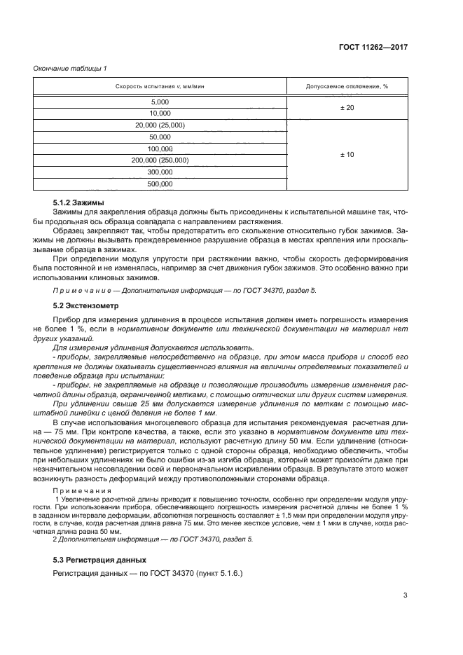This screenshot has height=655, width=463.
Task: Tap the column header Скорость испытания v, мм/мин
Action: [x=160, y=86]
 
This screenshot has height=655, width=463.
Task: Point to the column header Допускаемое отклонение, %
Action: [x=347, y=86]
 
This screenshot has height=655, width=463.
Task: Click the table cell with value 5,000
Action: [x=160, y=102]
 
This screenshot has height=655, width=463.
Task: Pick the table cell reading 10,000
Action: [x=160, y=113]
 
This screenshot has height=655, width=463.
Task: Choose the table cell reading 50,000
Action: [x=160, y=137]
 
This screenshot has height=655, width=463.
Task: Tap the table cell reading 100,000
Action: [x=160, y=149]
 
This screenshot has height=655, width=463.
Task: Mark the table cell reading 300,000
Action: [x=160, y=172]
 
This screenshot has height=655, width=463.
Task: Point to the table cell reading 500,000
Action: [x=160, y=184]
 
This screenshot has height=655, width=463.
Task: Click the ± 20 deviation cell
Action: [x=347, y=107]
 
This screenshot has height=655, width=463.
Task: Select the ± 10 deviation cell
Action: [x=347, y=154]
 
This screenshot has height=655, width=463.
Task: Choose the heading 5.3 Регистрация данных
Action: [x=99, y=560]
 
